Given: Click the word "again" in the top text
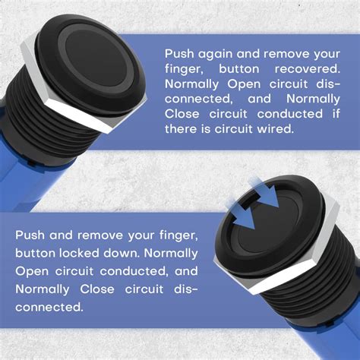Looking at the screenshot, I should pyautogui.click(x=219, y=55).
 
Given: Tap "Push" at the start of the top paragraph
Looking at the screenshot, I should pyautogui.click(x=181, y=55).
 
